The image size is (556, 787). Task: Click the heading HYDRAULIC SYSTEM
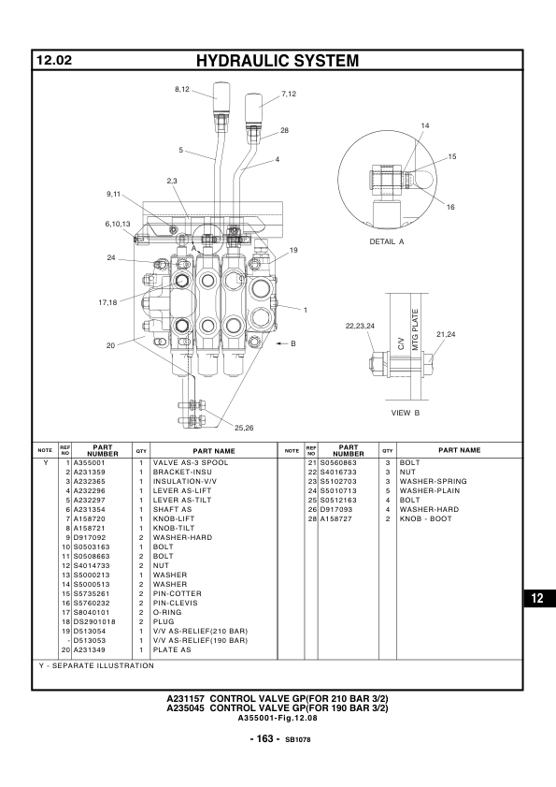tap(278, 61)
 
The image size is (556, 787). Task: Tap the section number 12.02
tap(54, 60)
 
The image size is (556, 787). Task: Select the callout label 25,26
tap(244, 429)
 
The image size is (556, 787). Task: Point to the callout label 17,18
tap(107, 302)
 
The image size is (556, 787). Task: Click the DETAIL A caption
tap(387, 241)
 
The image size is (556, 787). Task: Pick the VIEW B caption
tap(406, 413)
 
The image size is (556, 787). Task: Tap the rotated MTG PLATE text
tap(415, 329)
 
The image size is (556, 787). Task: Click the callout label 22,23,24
tap(360, 327)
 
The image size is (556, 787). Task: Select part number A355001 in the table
tap(90, 463)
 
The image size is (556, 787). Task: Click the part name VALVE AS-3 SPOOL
tap(191, 463)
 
